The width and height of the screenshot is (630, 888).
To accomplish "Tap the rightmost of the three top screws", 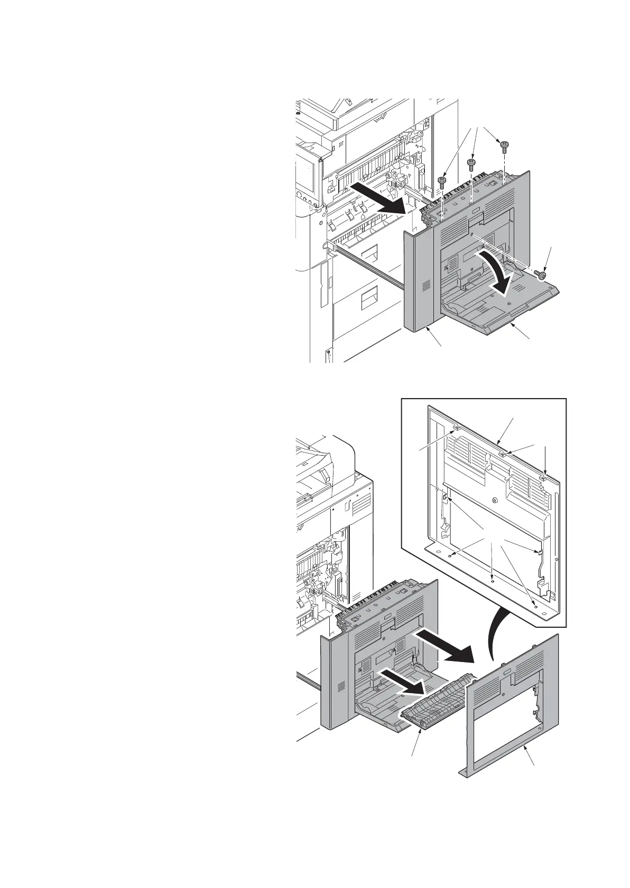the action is click(504, 144).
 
